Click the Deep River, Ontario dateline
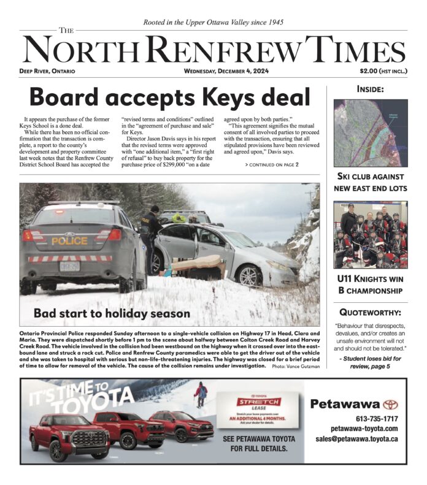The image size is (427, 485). [x=47, y=71]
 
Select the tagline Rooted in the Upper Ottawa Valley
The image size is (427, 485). [x=213, y=22]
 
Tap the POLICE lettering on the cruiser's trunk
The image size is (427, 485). [x=69, y=241]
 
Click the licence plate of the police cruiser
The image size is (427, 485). [x=69, y=266]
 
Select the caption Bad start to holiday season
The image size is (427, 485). [x=112, y=313]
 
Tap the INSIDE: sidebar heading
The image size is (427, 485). [x=370, y=90]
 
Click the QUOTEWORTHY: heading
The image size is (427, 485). [x=370, y=311]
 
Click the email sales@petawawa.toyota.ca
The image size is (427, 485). [x=356, y=438]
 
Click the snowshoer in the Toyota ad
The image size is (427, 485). [x=201, y=393]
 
